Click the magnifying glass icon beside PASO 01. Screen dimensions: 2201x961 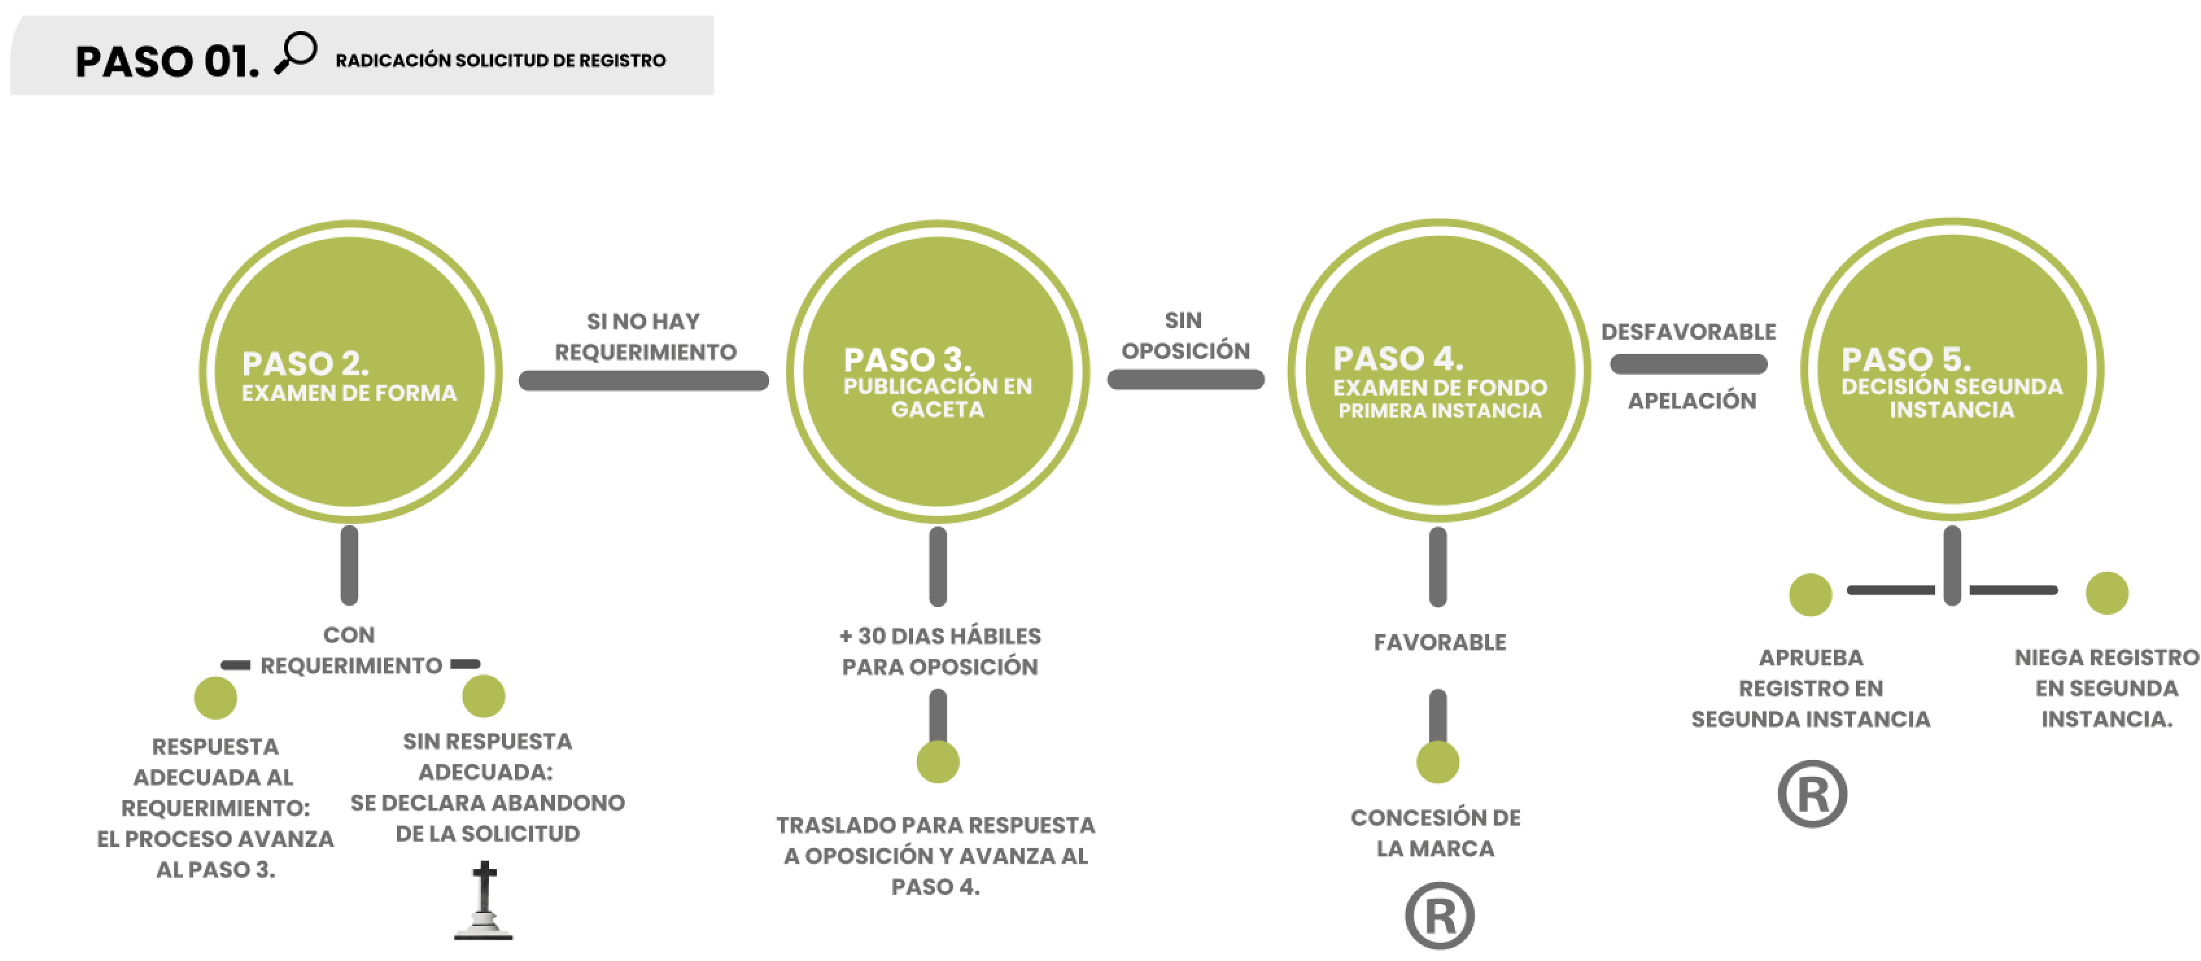pyautogui.click(x=296, y=53)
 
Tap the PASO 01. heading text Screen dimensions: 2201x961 pyautogui.click(x=167, y=62)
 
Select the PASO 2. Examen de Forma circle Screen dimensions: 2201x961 pyautogui.click(x=350, y=372)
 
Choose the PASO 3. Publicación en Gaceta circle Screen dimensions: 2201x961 pyautogui.click(x=937, y=372)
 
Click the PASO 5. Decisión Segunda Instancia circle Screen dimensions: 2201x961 pyautogui.click(x=1951, y=369)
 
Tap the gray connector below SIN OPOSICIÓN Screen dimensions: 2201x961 pyautogui.click(x=1185, y=380)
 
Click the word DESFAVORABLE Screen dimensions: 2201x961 pyautogui.click(x=1688, y=332)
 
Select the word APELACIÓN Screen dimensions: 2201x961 pyautogui.click(x=1692, y=401)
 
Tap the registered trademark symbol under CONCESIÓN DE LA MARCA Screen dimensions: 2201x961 pyautogui.click(x=1440, y=916)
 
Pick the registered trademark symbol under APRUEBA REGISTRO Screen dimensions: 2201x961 pyautogui.click(x=1813, y=794)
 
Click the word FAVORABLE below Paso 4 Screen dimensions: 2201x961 pyautogui.click(x=1440, y=643)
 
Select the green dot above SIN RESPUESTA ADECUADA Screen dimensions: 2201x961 pyautogui.click(x=484, y=696)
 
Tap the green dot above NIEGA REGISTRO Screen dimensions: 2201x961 pyautogui.click(x=2106, y=593)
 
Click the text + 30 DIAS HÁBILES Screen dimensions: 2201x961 pyautogui.click(x=940, y=636)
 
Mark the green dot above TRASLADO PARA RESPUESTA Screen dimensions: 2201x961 pyautogui.click(x=938, y=762)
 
